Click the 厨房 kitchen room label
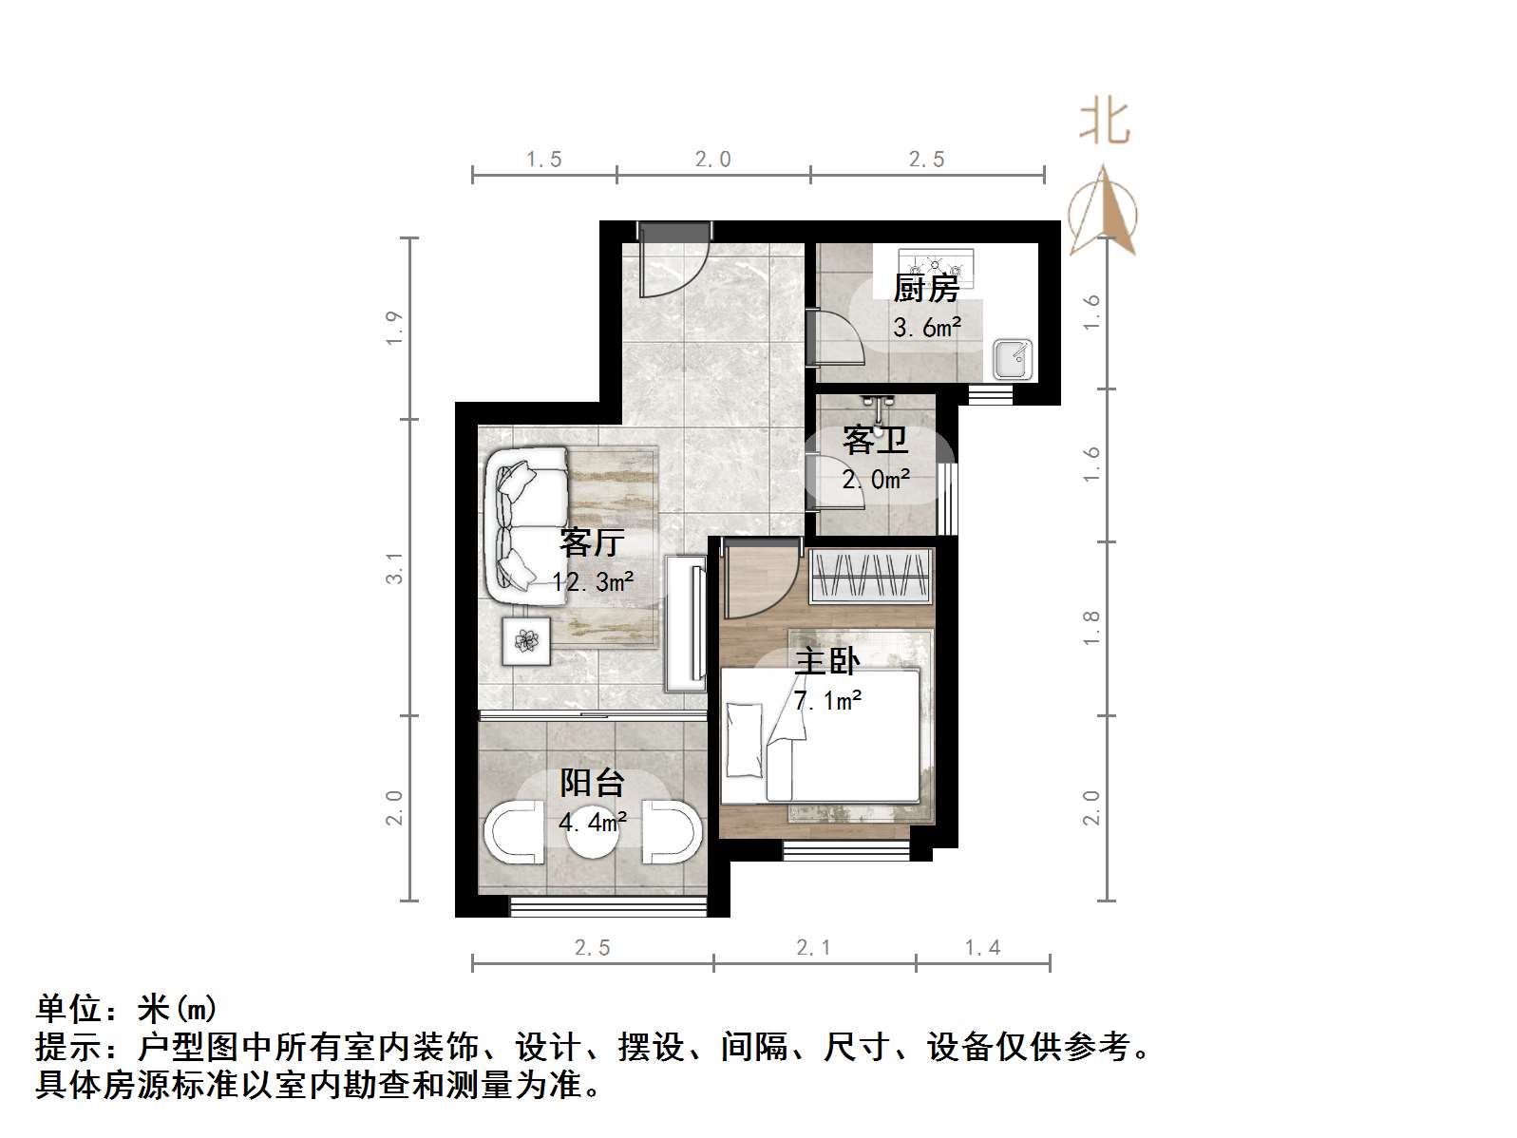926,287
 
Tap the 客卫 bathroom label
875,440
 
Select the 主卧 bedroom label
826,660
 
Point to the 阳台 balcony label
592,783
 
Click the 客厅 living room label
591,542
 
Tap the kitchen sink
1013,359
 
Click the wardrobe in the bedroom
869,575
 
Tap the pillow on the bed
744,739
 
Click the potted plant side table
526,640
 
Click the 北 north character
1104,123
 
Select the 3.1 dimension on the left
395,567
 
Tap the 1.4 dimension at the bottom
982,947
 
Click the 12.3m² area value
593,580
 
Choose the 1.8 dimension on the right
1091,628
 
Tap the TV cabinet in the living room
686,623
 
